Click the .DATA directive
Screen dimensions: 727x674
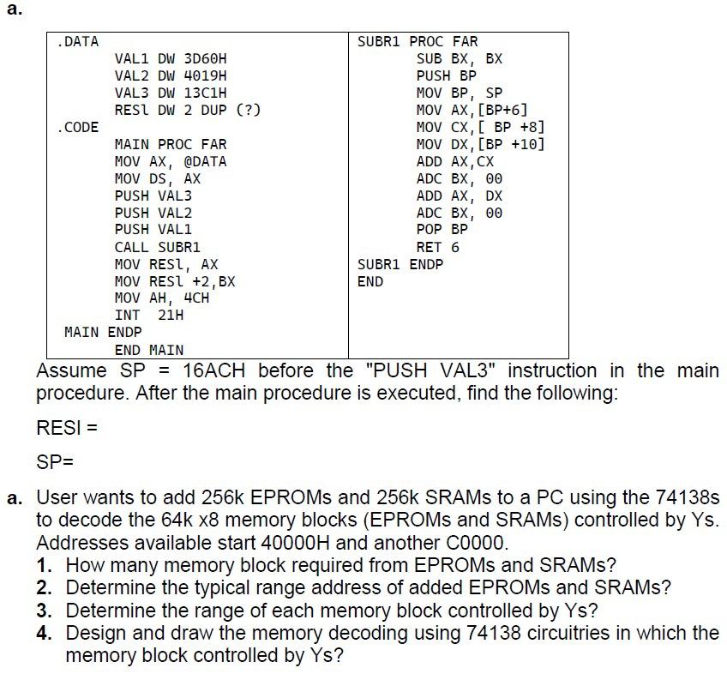(x=77, y=41)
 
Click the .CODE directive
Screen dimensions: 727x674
(x=77, y=127)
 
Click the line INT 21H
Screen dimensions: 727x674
(x=149, y=315)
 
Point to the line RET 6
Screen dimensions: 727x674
(x=437, y=247)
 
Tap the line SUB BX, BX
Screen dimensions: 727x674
(x=459, y=58)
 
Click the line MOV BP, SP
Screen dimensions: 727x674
(x=459, y=93)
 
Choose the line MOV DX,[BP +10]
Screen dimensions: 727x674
(x=479, y=144)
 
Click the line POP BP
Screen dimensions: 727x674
(x=442, y=230)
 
